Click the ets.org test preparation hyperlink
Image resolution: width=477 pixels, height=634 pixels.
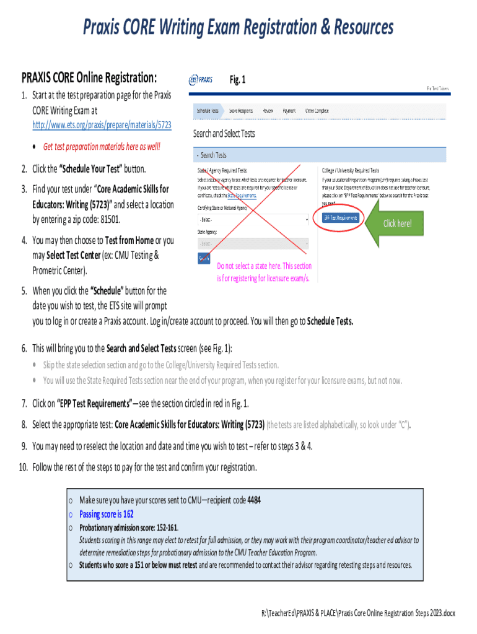click(x=102, y=125)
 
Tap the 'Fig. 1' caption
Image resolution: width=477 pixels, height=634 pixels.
click(x=238, y=80)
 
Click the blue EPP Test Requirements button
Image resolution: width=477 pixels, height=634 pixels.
click(x=340, y=218)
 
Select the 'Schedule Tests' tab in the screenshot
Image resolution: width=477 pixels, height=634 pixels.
click(x=208, y=110)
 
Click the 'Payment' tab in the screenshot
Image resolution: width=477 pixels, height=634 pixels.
click(x=289, y=110)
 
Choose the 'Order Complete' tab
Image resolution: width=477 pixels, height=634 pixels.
click(x=317, y=110)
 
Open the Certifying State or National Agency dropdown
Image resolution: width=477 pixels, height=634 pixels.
click(x=252, y=220)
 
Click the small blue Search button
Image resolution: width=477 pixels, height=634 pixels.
click(x=204, y=258)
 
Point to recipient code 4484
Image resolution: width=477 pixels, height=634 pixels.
click(x=254, y=501)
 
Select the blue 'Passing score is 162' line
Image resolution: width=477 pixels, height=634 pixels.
click(x=107, y=514)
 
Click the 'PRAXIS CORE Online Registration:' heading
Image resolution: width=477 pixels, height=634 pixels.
click(x=89, y=78)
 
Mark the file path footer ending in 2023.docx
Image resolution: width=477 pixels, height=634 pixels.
click(x=359, y=613)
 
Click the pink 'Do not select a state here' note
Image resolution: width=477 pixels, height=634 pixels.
click(x=264, y=272)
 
